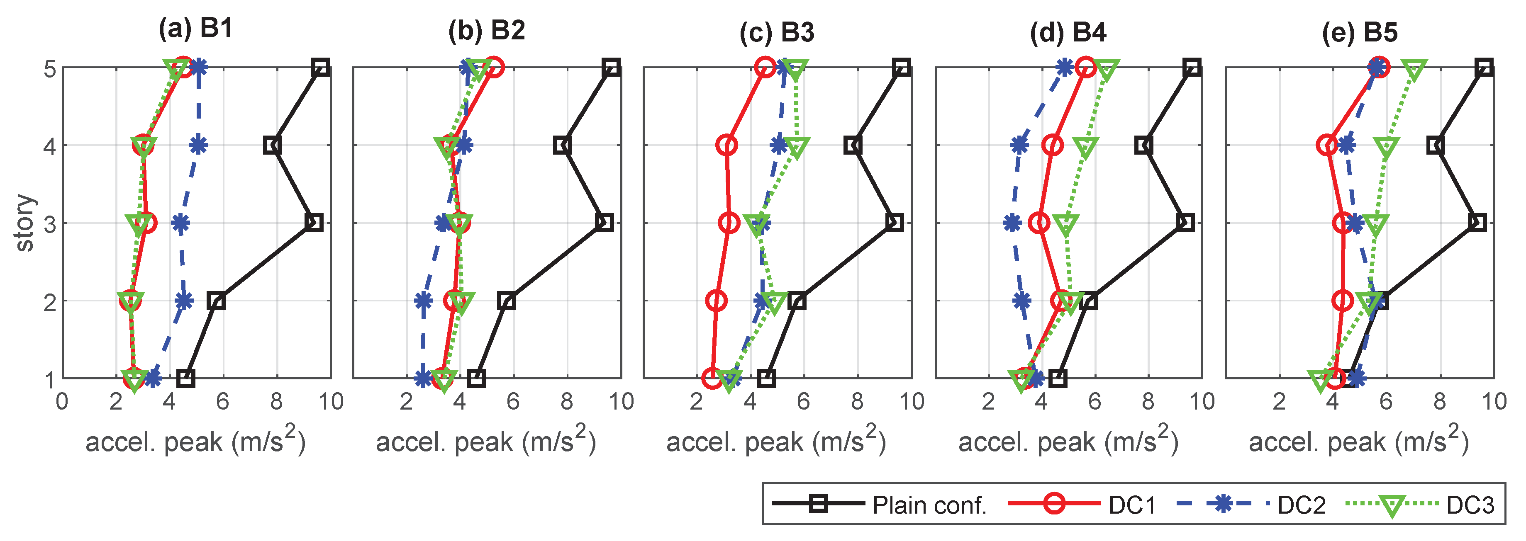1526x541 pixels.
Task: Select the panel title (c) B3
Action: point(777,32)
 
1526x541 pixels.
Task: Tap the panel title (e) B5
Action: point(1360,32)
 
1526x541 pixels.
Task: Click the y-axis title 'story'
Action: point(25,223)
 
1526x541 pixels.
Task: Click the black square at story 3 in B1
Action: point(314,223)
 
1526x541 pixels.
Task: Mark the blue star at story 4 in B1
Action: point(198,144)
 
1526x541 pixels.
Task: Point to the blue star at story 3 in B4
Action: point(1012,223)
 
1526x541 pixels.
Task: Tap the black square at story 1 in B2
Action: point(476,378)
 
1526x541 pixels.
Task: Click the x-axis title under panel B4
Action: point(1068,442)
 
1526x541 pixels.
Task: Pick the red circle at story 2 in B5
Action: point(1342,301)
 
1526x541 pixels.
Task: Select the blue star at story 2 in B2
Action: point(423,301)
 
